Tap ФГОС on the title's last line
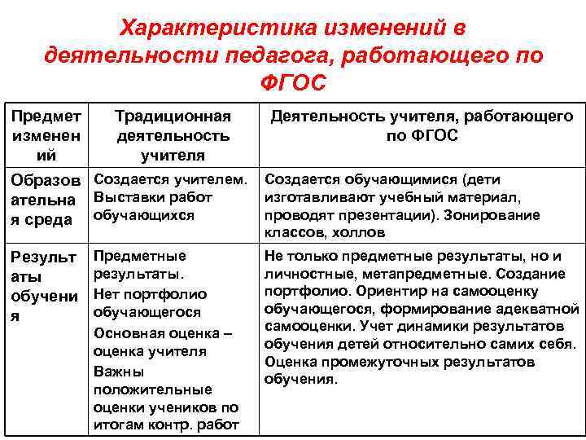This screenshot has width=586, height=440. click(x=293, y=82)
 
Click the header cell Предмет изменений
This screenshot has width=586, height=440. click(x=46, y=134)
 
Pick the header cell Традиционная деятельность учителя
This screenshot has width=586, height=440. click(x=173, y=134)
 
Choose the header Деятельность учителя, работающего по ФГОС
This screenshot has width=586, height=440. click(x=422, y=125)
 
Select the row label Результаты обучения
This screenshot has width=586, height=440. click(x=46, y=285)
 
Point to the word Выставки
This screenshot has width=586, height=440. click(x=126, y=196)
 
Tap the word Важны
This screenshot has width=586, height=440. click(x=118, y=371)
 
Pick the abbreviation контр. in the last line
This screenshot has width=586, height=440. click(x=168, y=425)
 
